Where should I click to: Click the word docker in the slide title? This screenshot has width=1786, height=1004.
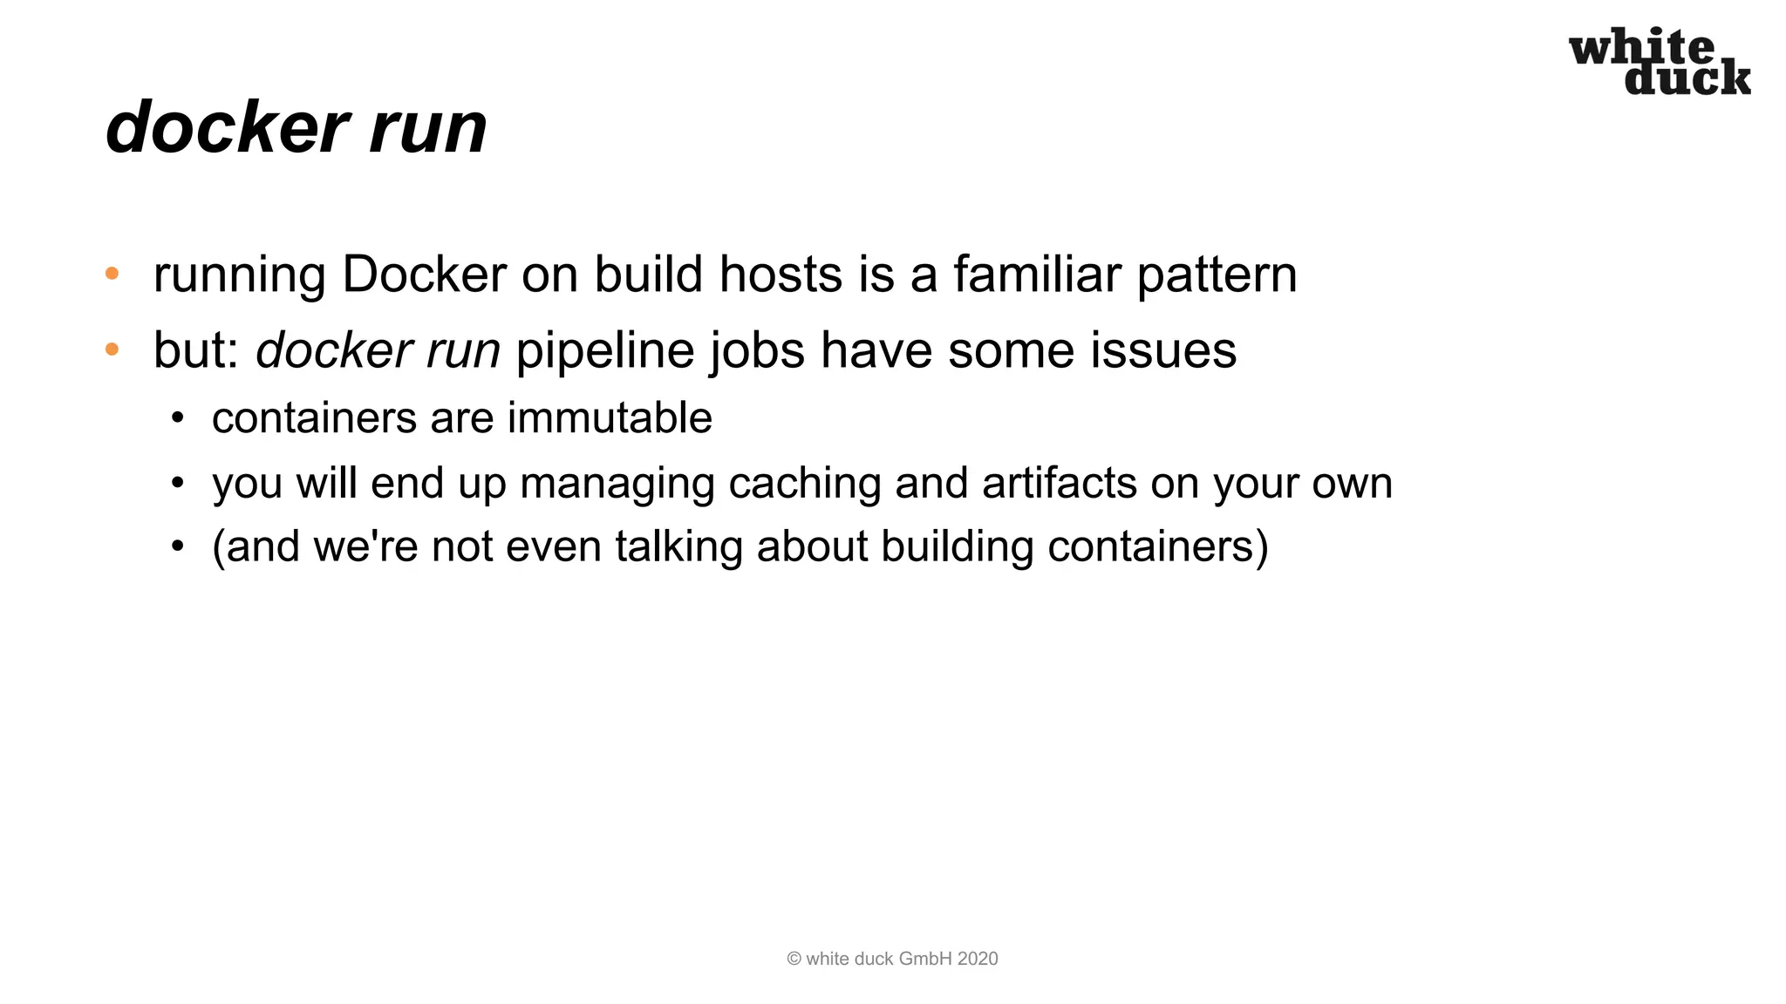(x=226, y=127)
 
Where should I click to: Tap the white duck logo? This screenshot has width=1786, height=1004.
(x=1660, y=62)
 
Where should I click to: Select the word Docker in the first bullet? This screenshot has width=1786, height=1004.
(x=424, y=275)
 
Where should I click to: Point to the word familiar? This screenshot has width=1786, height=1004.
(x=1037, y=275)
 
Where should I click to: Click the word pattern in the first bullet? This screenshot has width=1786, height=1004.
(x=1217, y=276)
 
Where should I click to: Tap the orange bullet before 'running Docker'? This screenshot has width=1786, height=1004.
(x=112, y=275)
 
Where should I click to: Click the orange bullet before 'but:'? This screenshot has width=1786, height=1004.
(x=112, y=350)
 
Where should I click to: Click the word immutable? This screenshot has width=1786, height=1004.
(x=610, y=417)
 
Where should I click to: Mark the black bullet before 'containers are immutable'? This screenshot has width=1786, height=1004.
(x=178, y=418)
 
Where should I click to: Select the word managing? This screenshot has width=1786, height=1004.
(x=617, y=485)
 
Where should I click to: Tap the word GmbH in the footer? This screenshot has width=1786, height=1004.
(x=925, y=959)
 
